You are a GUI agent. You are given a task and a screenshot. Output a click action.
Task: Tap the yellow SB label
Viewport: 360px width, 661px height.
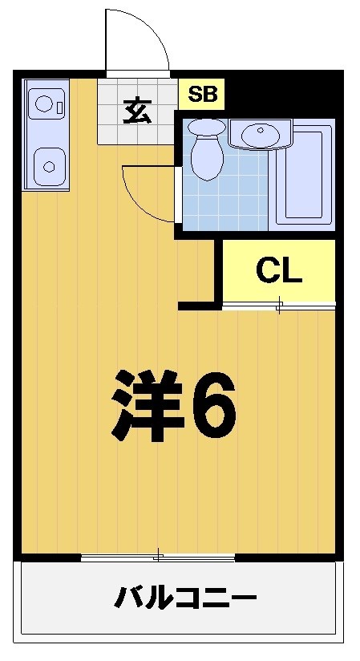point(202,95)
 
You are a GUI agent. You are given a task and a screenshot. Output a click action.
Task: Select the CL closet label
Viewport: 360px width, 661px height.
point(278,271)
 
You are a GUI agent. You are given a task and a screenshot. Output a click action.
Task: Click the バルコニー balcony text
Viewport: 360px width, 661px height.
point(185,598)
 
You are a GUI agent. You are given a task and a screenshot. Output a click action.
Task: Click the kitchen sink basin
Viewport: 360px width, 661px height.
point(48,165)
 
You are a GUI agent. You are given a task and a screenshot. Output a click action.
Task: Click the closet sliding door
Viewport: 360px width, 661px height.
point(278,305)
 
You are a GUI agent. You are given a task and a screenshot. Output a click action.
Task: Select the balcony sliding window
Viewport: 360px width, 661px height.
point(158,556)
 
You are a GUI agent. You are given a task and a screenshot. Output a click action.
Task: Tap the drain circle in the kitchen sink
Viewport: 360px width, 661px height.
point(49,167)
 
